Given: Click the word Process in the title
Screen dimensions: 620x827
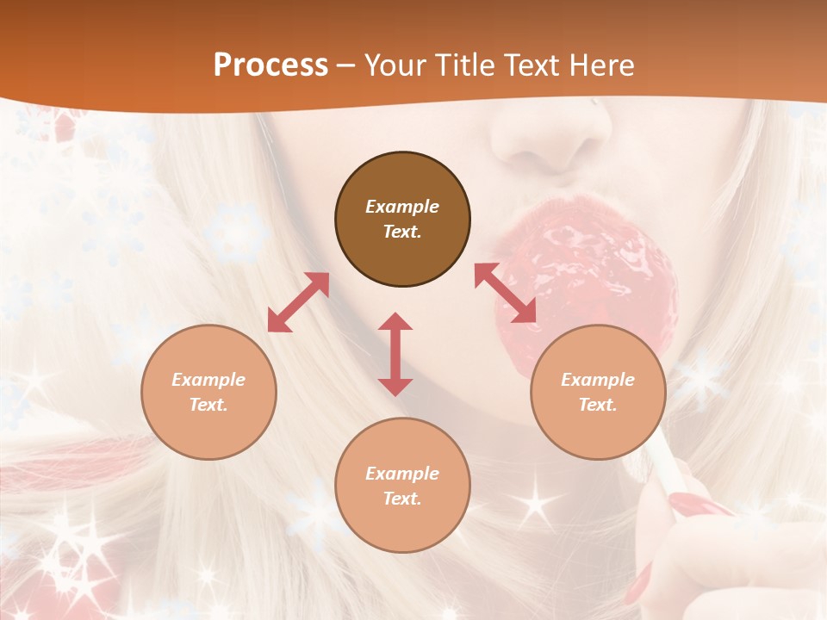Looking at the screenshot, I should pos(270,65).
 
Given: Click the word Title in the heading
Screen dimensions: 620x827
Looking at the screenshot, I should pos(462,65).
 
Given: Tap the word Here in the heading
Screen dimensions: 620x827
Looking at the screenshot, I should pos(601,65).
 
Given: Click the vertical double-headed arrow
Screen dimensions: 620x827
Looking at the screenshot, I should pos(395,354).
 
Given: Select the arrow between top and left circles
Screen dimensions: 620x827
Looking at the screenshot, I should pos(298,302).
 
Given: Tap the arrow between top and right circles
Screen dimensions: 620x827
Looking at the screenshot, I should pos(505,293).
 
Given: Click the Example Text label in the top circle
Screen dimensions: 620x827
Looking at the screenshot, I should pos(402,219).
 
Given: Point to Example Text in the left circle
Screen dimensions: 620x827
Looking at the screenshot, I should pos(208,392).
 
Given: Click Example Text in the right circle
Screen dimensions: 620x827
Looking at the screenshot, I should pos(598,392).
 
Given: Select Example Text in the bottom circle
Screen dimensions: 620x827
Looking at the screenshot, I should pos(402,486).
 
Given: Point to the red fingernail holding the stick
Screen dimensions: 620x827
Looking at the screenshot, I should pos(689,503).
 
